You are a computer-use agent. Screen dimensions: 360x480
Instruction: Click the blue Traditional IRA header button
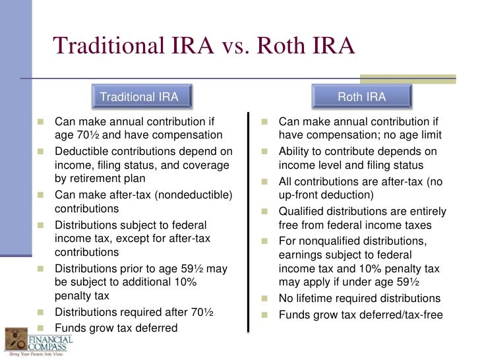click(x=138, y=98)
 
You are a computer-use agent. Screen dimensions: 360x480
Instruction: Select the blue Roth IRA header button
click(x=362, y=98)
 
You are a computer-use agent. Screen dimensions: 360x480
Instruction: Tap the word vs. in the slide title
click(x=233, y=46)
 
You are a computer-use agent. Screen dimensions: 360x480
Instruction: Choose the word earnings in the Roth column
click(x=301, y=255)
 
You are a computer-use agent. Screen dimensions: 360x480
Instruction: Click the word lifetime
click(x=317, y=298)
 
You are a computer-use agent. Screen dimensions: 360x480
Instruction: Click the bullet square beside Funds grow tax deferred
click(x=41, y=328)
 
